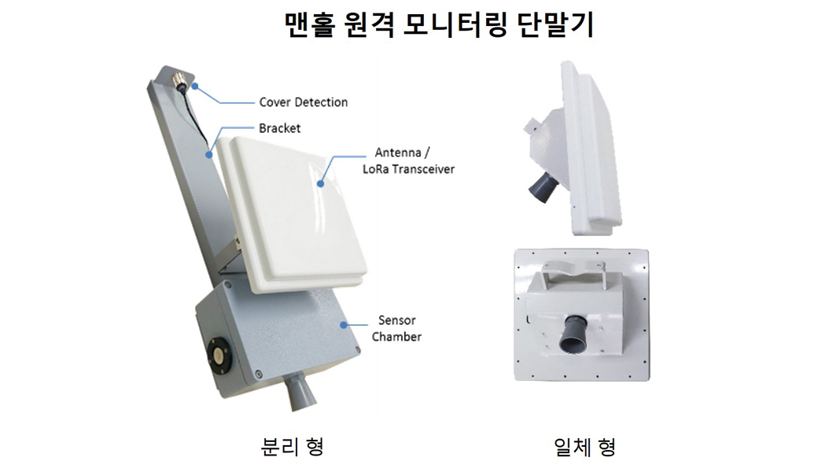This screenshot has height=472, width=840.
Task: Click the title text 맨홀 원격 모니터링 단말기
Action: tap(439, 24)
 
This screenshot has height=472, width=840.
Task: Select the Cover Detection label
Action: tap(304, 102)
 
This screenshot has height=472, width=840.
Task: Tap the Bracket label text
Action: tap(280, 128)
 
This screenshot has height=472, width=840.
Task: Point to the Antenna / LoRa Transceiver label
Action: tap(408, 160)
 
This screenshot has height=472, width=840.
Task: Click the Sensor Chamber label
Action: tap(396, 328)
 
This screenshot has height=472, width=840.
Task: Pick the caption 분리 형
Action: tap(292, 446)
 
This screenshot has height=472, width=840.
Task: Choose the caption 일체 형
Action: tap(584, 446)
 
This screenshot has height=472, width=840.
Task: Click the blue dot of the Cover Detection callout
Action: tap(196, 86)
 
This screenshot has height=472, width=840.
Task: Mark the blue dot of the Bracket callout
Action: tap(209, 156)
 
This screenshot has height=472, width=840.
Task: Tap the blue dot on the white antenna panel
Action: tap(320, 184)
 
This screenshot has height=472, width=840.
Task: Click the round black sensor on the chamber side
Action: tap(219, 354)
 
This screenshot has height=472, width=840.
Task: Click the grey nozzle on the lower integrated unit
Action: tap(573, 334)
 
